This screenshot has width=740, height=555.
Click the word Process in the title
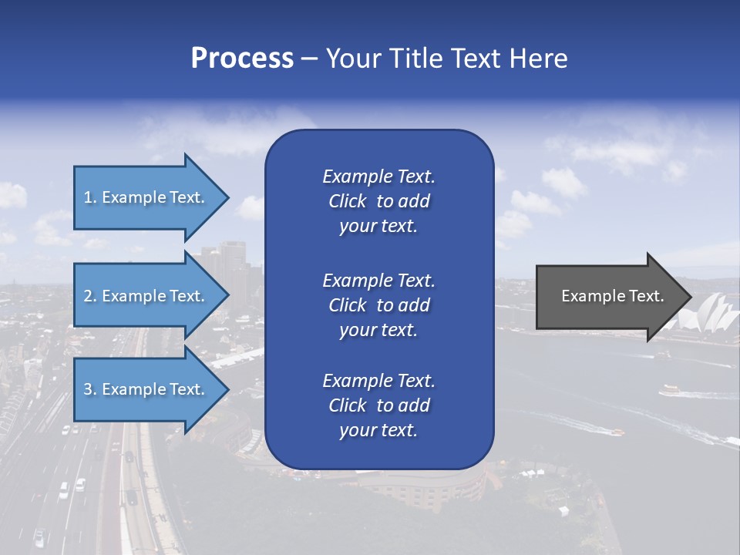(242, 59)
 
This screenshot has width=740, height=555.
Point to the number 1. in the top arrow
(90, 197)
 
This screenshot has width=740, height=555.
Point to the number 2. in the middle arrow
(90, 296)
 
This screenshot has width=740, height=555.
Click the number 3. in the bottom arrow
(90, 389)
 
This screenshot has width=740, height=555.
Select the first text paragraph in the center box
(378, 201)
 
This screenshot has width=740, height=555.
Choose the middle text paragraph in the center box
(378, 304)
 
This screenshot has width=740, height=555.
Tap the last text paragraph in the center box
(378, 405)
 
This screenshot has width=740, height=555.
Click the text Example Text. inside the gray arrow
(613, 296)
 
